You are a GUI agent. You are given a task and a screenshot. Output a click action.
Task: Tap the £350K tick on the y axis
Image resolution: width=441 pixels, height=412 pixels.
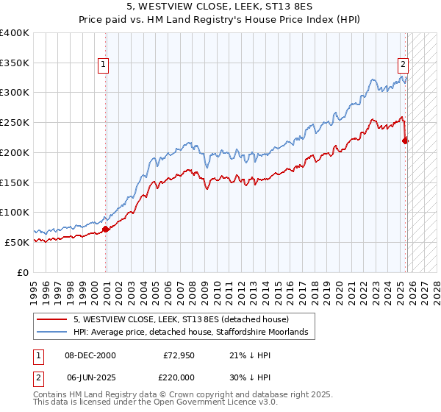point(15,63)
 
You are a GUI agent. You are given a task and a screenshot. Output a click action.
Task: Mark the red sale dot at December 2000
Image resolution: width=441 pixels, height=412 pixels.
point(106,229)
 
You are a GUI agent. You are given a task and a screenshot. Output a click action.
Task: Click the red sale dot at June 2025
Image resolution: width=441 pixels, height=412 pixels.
point(406,141)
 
